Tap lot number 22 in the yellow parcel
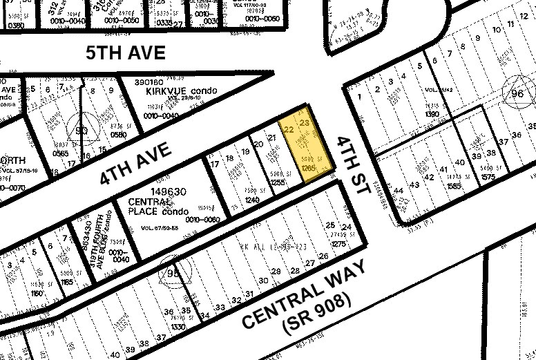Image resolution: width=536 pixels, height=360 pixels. click(x=289, y=129)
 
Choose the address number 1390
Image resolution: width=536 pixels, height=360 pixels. click(x=433, y=113)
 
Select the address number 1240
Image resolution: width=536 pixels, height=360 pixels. click(x=231, y=198)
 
